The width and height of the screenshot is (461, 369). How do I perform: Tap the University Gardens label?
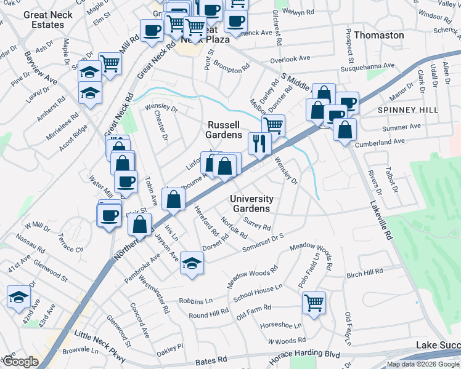(251, 204)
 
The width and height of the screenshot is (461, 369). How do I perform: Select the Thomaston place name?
(379, 35)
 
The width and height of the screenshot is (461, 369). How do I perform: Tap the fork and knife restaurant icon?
(259, 143)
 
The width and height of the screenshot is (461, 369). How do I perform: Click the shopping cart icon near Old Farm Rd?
(314, 303)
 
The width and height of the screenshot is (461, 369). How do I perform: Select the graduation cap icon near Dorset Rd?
(192, 263)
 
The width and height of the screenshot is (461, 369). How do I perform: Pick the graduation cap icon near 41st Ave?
(19, 297)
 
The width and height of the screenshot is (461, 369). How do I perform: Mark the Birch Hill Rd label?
(365, 273)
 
